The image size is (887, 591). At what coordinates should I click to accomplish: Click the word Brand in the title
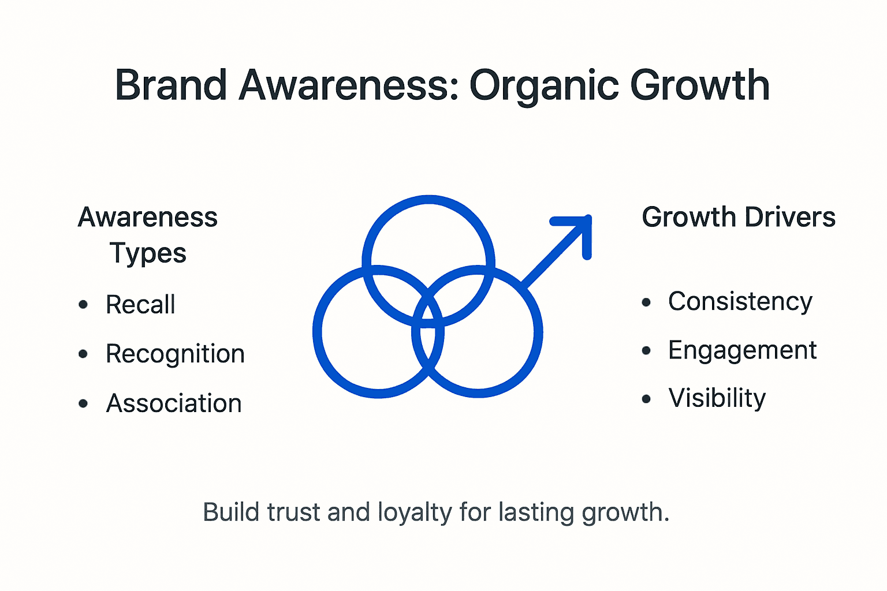tap(171, 85)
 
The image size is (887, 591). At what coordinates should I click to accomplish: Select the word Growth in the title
tap(699, 85)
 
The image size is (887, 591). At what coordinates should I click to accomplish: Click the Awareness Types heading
tap(148, 235)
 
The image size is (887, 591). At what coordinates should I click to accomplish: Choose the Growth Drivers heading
tap(739, 218)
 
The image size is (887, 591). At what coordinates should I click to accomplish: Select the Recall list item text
tap(140, 305)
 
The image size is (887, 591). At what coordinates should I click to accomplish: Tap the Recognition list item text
tap(175, 354)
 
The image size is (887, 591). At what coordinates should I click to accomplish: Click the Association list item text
tap(174, 403)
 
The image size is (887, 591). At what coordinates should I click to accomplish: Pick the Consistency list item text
tap(740, 301)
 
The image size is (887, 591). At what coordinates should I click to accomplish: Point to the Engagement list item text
tap(743, 350)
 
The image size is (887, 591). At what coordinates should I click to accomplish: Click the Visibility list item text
tap(717, 398)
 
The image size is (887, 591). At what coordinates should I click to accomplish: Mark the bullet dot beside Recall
tap(83, 304)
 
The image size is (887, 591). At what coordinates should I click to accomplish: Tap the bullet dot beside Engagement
tap(646, 350)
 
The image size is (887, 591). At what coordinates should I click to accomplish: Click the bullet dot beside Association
tap(83, 403)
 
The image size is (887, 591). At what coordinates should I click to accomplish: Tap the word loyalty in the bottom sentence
tap(415, 513)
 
